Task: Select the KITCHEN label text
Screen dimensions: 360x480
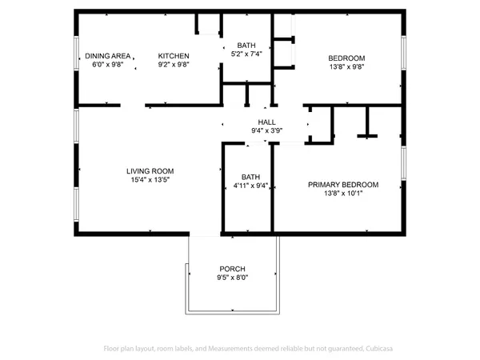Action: (x=173, y=56)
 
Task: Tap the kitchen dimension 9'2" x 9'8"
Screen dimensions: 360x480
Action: (x=173, y=66)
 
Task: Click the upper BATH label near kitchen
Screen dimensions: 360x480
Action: (x=245, y=46)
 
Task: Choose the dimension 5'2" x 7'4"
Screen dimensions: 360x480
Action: (x=245, y=55)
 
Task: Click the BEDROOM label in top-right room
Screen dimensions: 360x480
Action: (x=347, y=58)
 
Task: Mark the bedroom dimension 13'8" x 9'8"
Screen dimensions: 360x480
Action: (x=347, y=67)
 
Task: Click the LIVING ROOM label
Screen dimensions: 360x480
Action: (x=150, y=170)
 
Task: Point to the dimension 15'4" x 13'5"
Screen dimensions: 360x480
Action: (x=150, y=180)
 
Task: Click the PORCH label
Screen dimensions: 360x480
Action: (x=232, y=268)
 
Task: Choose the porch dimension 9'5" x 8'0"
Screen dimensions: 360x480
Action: (x=232, y=278)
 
